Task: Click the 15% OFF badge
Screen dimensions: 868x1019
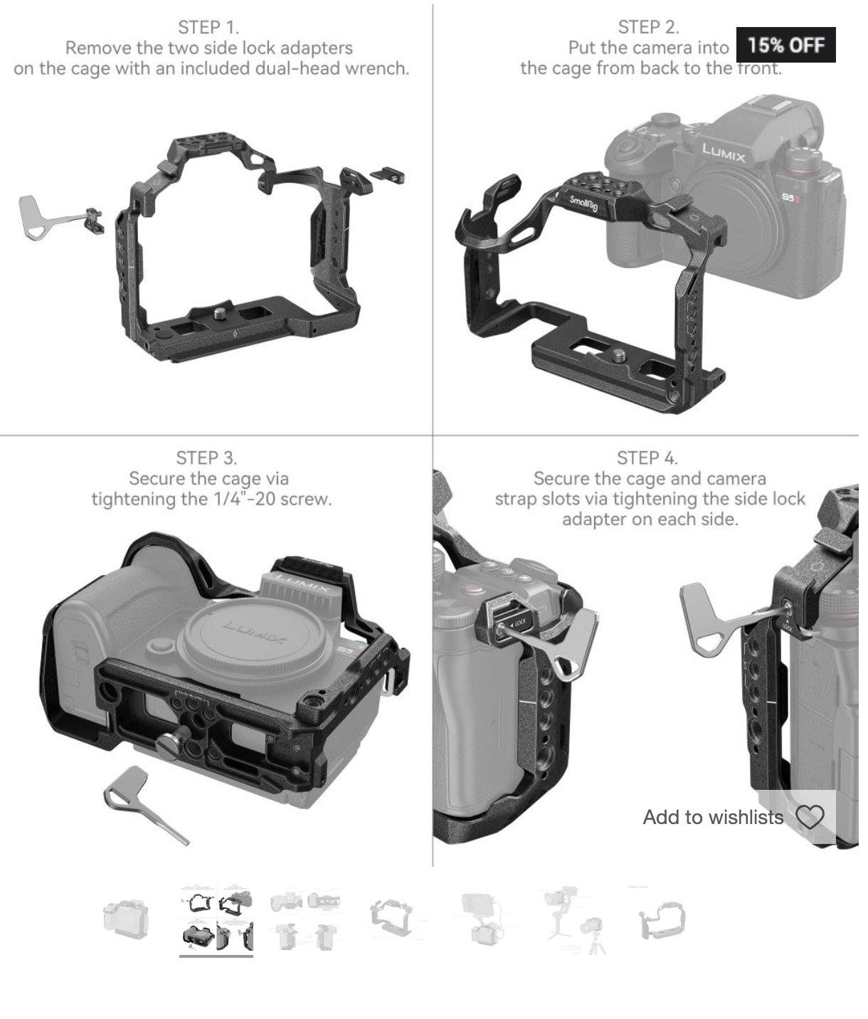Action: click(x=785, y=45)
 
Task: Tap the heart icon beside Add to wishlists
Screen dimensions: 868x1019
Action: click(x=810, y=817)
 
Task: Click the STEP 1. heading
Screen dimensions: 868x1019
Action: click(x=208, y=27)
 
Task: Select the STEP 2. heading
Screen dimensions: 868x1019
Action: click(x=648, y=27)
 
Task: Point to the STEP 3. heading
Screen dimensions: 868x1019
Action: click(x=206, y=458)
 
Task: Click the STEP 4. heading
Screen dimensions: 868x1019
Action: click(x=647, y=458)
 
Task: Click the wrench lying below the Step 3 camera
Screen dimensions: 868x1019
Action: click(x=145, y=804)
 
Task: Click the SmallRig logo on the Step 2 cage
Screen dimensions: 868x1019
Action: click(x=583, y=203)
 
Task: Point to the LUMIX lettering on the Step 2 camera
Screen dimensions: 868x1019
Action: click(x=724, y=152)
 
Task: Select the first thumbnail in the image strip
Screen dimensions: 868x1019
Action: click(x=126, y=919)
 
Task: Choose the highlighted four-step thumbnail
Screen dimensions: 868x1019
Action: click(x=216, y=920)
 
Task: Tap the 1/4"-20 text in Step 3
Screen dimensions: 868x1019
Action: click(x=244, y=499)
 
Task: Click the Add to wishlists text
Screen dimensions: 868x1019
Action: click(x=713, y=817)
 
